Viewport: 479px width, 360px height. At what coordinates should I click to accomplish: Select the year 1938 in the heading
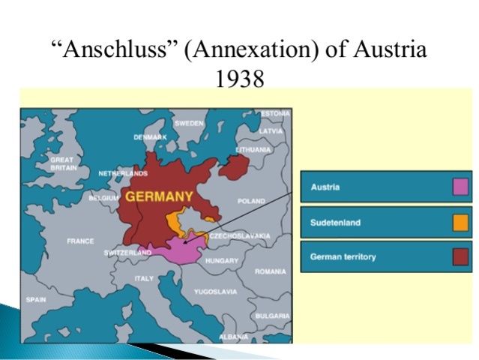[239, 76]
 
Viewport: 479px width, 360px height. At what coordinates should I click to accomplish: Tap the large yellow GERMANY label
[159, 196]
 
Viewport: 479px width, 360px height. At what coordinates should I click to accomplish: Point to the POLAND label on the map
[251, 201]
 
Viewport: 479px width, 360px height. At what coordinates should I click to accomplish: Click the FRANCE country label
[80, 241]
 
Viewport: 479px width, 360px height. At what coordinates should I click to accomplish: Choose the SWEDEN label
[189, 122]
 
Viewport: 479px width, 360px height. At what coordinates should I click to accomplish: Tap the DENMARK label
[150, 137]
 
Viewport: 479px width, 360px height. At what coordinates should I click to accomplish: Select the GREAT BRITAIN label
[62, 163]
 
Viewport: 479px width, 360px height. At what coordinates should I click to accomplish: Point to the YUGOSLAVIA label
[215, 291]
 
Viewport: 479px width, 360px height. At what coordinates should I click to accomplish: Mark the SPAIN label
[36, 298]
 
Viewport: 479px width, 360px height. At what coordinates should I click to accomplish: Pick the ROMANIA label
[269, 271]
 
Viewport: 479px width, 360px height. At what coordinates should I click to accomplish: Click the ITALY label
[143, 277]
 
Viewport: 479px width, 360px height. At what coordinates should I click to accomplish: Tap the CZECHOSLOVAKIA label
[240, 235]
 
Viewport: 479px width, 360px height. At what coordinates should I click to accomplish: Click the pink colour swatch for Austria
[460, 187]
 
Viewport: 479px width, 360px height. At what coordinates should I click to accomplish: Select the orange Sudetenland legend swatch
[460, 222]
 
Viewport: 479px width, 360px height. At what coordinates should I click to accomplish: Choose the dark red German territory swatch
[460, 256]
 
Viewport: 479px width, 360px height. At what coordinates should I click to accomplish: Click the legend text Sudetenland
[335, 222]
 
